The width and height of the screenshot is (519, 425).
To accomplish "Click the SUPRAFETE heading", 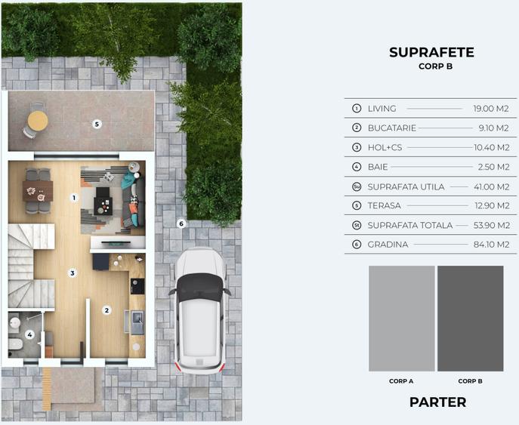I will [x=431, y=52].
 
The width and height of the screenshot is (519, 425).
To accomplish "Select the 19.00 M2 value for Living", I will [x=491, y=109].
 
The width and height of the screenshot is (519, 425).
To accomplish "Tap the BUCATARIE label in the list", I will [x=391, y=128].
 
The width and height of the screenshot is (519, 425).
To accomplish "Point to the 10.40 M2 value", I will [x=491, y=148].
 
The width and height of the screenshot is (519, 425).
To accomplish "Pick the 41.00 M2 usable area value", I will [x=491, y=186].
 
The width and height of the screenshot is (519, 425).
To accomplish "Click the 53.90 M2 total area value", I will [x=491, y=225].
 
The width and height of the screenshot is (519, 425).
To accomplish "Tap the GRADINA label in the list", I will [x=388, y=245].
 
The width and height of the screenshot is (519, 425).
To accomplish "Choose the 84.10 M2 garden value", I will [x=491, y=245].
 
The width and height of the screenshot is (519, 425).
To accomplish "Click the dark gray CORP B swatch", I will [x=470, y=318].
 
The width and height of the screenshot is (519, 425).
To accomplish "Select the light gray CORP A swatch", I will [x=401, y=318].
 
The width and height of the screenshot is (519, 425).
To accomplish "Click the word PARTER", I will [x=437, y=402].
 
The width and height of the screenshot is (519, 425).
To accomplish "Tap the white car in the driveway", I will [x=200, y=310].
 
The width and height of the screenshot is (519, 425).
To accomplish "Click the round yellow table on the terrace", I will [x=37, y=120].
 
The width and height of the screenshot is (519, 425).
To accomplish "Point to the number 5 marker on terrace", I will [x=97, y=124].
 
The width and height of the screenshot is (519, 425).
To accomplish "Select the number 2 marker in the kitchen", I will [x=107, y=310].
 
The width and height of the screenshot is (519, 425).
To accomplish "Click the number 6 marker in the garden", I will [x=181, y=223].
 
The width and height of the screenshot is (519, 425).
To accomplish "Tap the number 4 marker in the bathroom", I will [x=29, y=334].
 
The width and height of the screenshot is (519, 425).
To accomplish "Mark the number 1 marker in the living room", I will [x=74, y=198].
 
